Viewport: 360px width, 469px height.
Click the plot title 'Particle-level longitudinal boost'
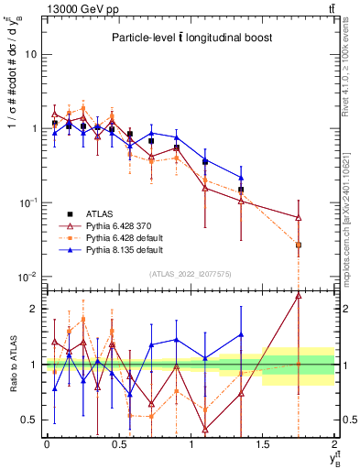coord(190,38)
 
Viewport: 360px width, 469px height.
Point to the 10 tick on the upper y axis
coord(32,54)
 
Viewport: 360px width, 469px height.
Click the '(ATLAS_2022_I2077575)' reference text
coord(190,273)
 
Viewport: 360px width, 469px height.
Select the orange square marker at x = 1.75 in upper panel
coord(299,245)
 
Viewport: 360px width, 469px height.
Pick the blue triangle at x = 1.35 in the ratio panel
coord(241,335)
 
